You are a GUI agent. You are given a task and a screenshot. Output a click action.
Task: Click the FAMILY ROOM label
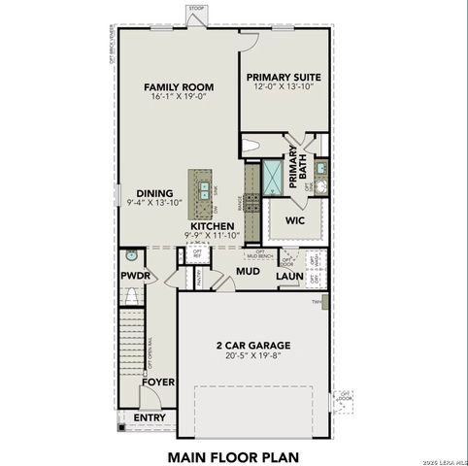coord(179,86)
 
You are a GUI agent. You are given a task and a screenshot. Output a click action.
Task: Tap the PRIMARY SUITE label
coord(284,77)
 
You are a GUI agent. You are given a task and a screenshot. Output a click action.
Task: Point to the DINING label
coord(154,192)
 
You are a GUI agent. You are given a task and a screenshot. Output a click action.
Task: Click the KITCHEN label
coord(212,225)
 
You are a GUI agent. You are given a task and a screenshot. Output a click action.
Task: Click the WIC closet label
coord(295,220)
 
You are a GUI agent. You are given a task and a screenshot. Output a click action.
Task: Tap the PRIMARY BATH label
coord(294,164)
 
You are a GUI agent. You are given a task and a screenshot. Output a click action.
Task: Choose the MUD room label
coord(247,272)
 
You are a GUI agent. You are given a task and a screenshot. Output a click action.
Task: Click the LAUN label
coord(290,277)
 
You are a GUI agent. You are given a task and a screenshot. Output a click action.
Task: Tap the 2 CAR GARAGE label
coord(253,344)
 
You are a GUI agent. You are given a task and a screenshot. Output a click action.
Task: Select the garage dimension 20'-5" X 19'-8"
coord(253,355)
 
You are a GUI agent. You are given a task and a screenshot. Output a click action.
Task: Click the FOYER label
coord(158,382)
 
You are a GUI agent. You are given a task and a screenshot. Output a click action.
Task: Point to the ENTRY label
coord(150,417)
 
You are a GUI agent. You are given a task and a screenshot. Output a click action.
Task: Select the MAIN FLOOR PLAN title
coord(234,455)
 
